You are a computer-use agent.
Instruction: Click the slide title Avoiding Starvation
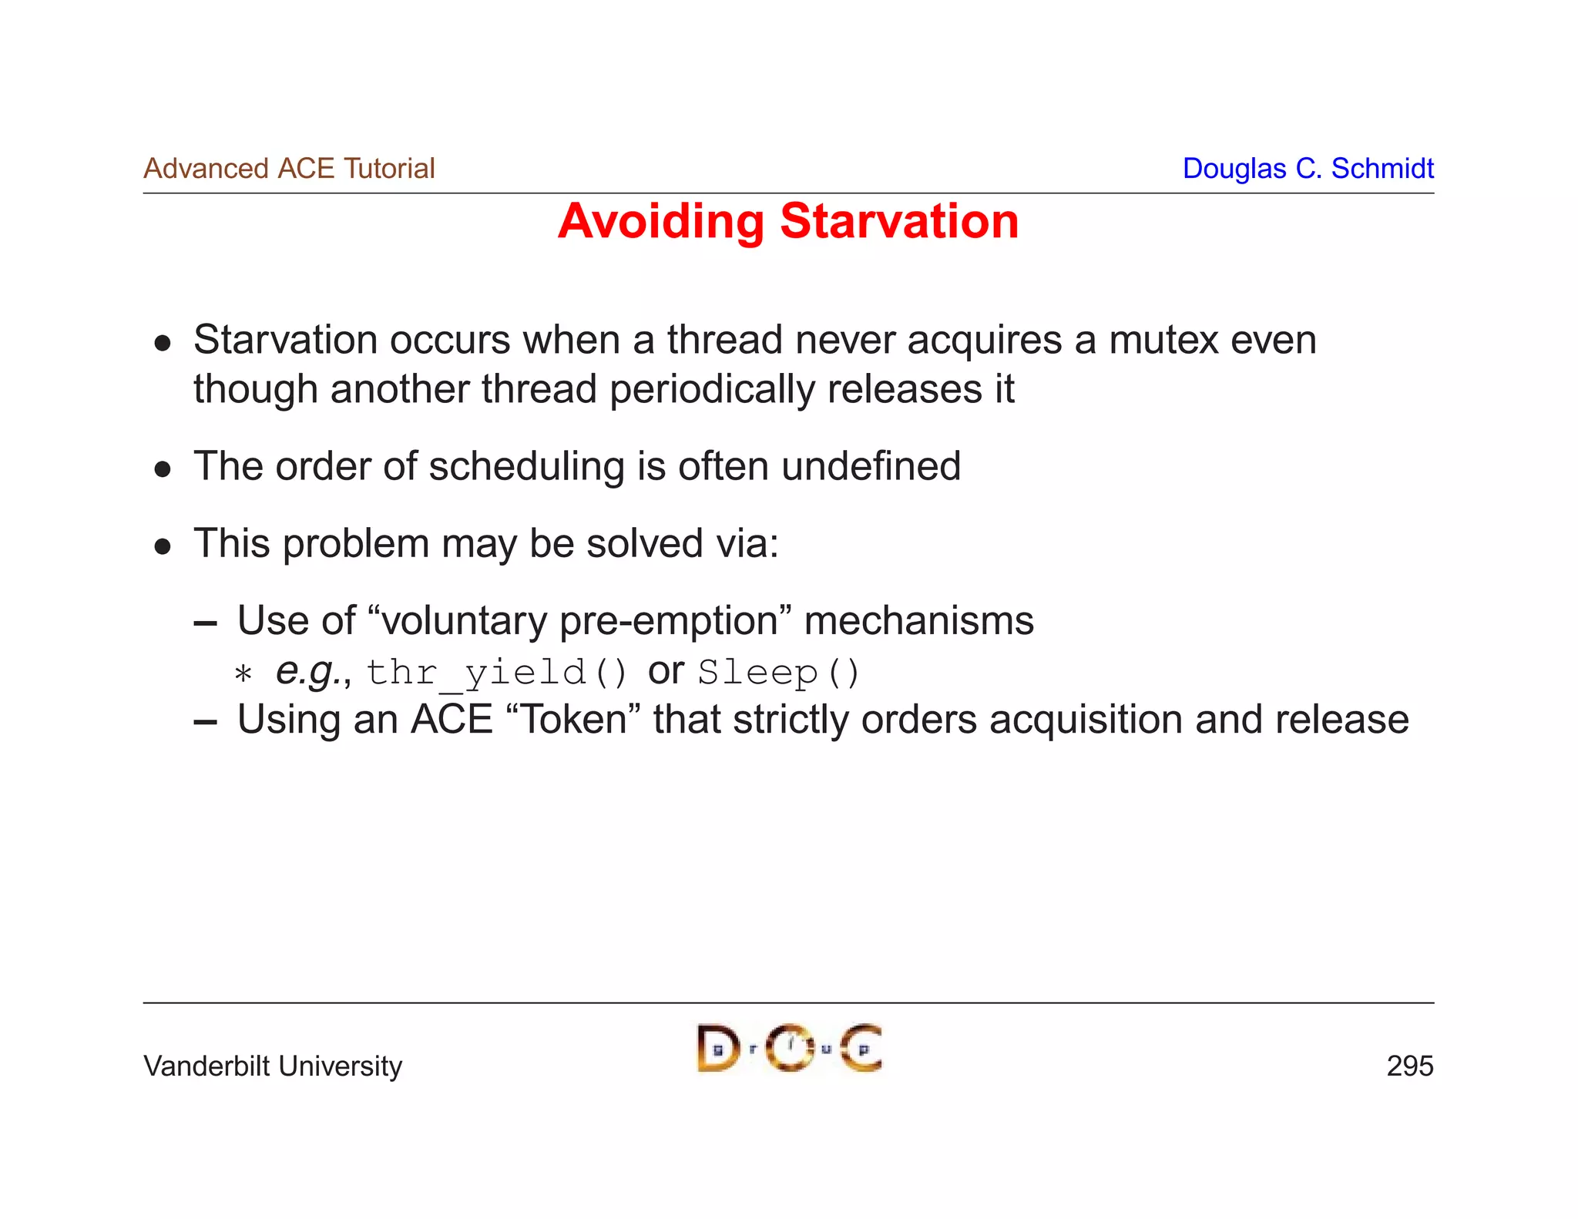point(787,222)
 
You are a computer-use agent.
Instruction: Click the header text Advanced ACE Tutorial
point(289,168)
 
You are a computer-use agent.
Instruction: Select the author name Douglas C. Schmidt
point(1308,168)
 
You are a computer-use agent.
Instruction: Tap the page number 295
point(1409,1066)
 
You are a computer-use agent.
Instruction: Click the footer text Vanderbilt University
point(273,1066)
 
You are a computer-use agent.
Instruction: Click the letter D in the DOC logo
point(717,1049)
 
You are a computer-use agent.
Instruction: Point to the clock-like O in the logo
point(790,1048)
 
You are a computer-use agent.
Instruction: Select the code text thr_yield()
point(497,673)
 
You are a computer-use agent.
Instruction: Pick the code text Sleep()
point(778,673)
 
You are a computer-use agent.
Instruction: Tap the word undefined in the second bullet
point(871,466)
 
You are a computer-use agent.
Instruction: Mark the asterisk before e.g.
point(243,675)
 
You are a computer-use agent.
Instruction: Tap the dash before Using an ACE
point(205,722)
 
